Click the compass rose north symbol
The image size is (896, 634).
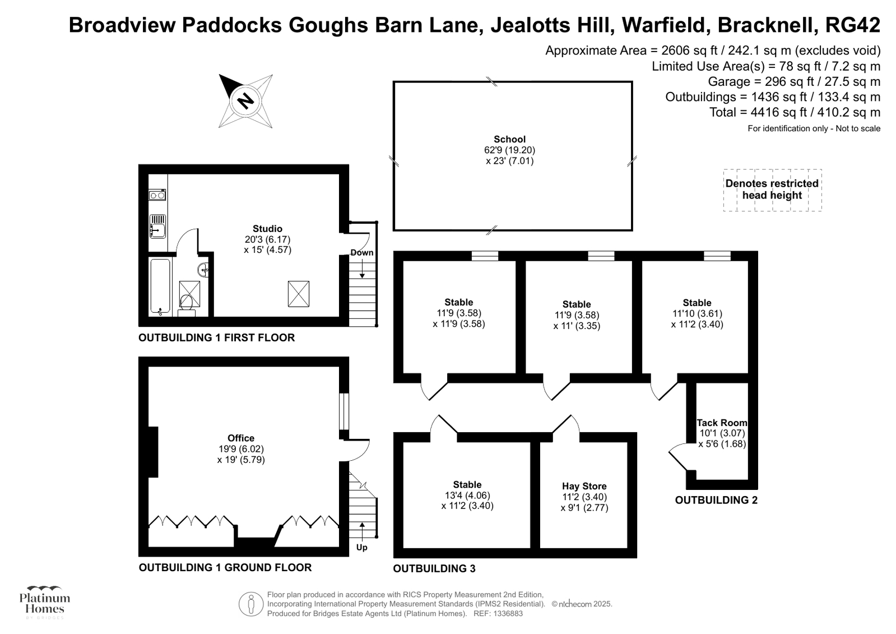[x=245, y=101]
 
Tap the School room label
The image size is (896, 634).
[x=509, y=140]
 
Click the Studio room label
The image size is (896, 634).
[x=267, y=229]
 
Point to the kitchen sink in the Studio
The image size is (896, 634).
[x=157, y=226]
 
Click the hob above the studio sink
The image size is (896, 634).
[x=157, y=195]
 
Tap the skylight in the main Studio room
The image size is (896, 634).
[x=298, y=294]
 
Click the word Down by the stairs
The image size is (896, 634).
[x=362, y=253]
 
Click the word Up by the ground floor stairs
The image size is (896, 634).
[x=362, y=547]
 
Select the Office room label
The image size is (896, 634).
[x=241, y=438]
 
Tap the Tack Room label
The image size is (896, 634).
[x=722, y=423]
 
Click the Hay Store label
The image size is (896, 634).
[x=584, y=486]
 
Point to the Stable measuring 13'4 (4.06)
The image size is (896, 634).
[x=467, y=485]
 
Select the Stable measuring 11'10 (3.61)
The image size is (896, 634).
[x=697, y=303]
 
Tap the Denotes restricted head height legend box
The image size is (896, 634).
[x=772, y=190]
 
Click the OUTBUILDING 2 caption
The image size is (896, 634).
[x=716, y=500]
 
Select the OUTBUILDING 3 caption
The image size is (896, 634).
[x=434, y=568]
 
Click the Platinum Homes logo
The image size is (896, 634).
[x=44, y=601]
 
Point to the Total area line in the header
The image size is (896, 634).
[x=795, y=113]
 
